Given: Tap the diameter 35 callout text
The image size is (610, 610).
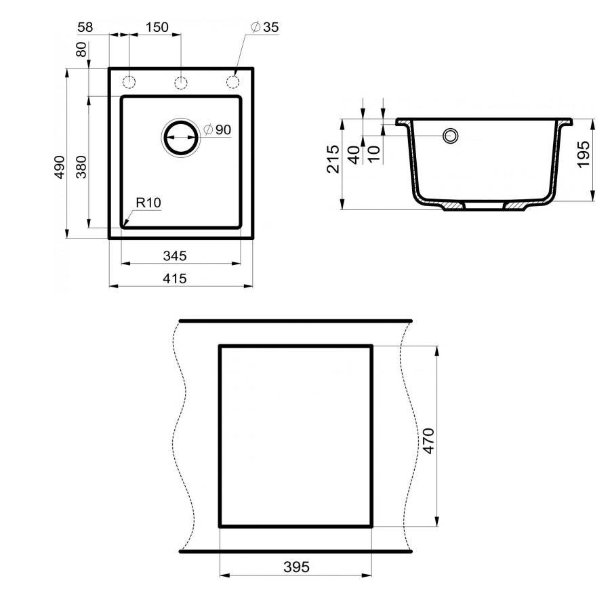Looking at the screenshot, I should [x=265, y=28].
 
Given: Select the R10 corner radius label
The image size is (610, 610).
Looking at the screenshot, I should [x=147, y=202].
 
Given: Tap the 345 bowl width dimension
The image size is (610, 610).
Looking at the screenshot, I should [x=175, y=256].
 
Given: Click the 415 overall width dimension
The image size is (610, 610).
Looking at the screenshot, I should [x=175, y=278].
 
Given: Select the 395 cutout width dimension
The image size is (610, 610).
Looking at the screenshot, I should [x=296, y=567].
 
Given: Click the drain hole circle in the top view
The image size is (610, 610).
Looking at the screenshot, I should [x=181, y=138].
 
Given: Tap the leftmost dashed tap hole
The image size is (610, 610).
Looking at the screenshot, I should [x=129, y=83].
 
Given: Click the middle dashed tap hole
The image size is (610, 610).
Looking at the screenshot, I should [x=181, y=83].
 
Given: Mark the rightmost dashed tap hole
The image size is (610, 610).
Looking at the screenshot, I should [x=232, y=83].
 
